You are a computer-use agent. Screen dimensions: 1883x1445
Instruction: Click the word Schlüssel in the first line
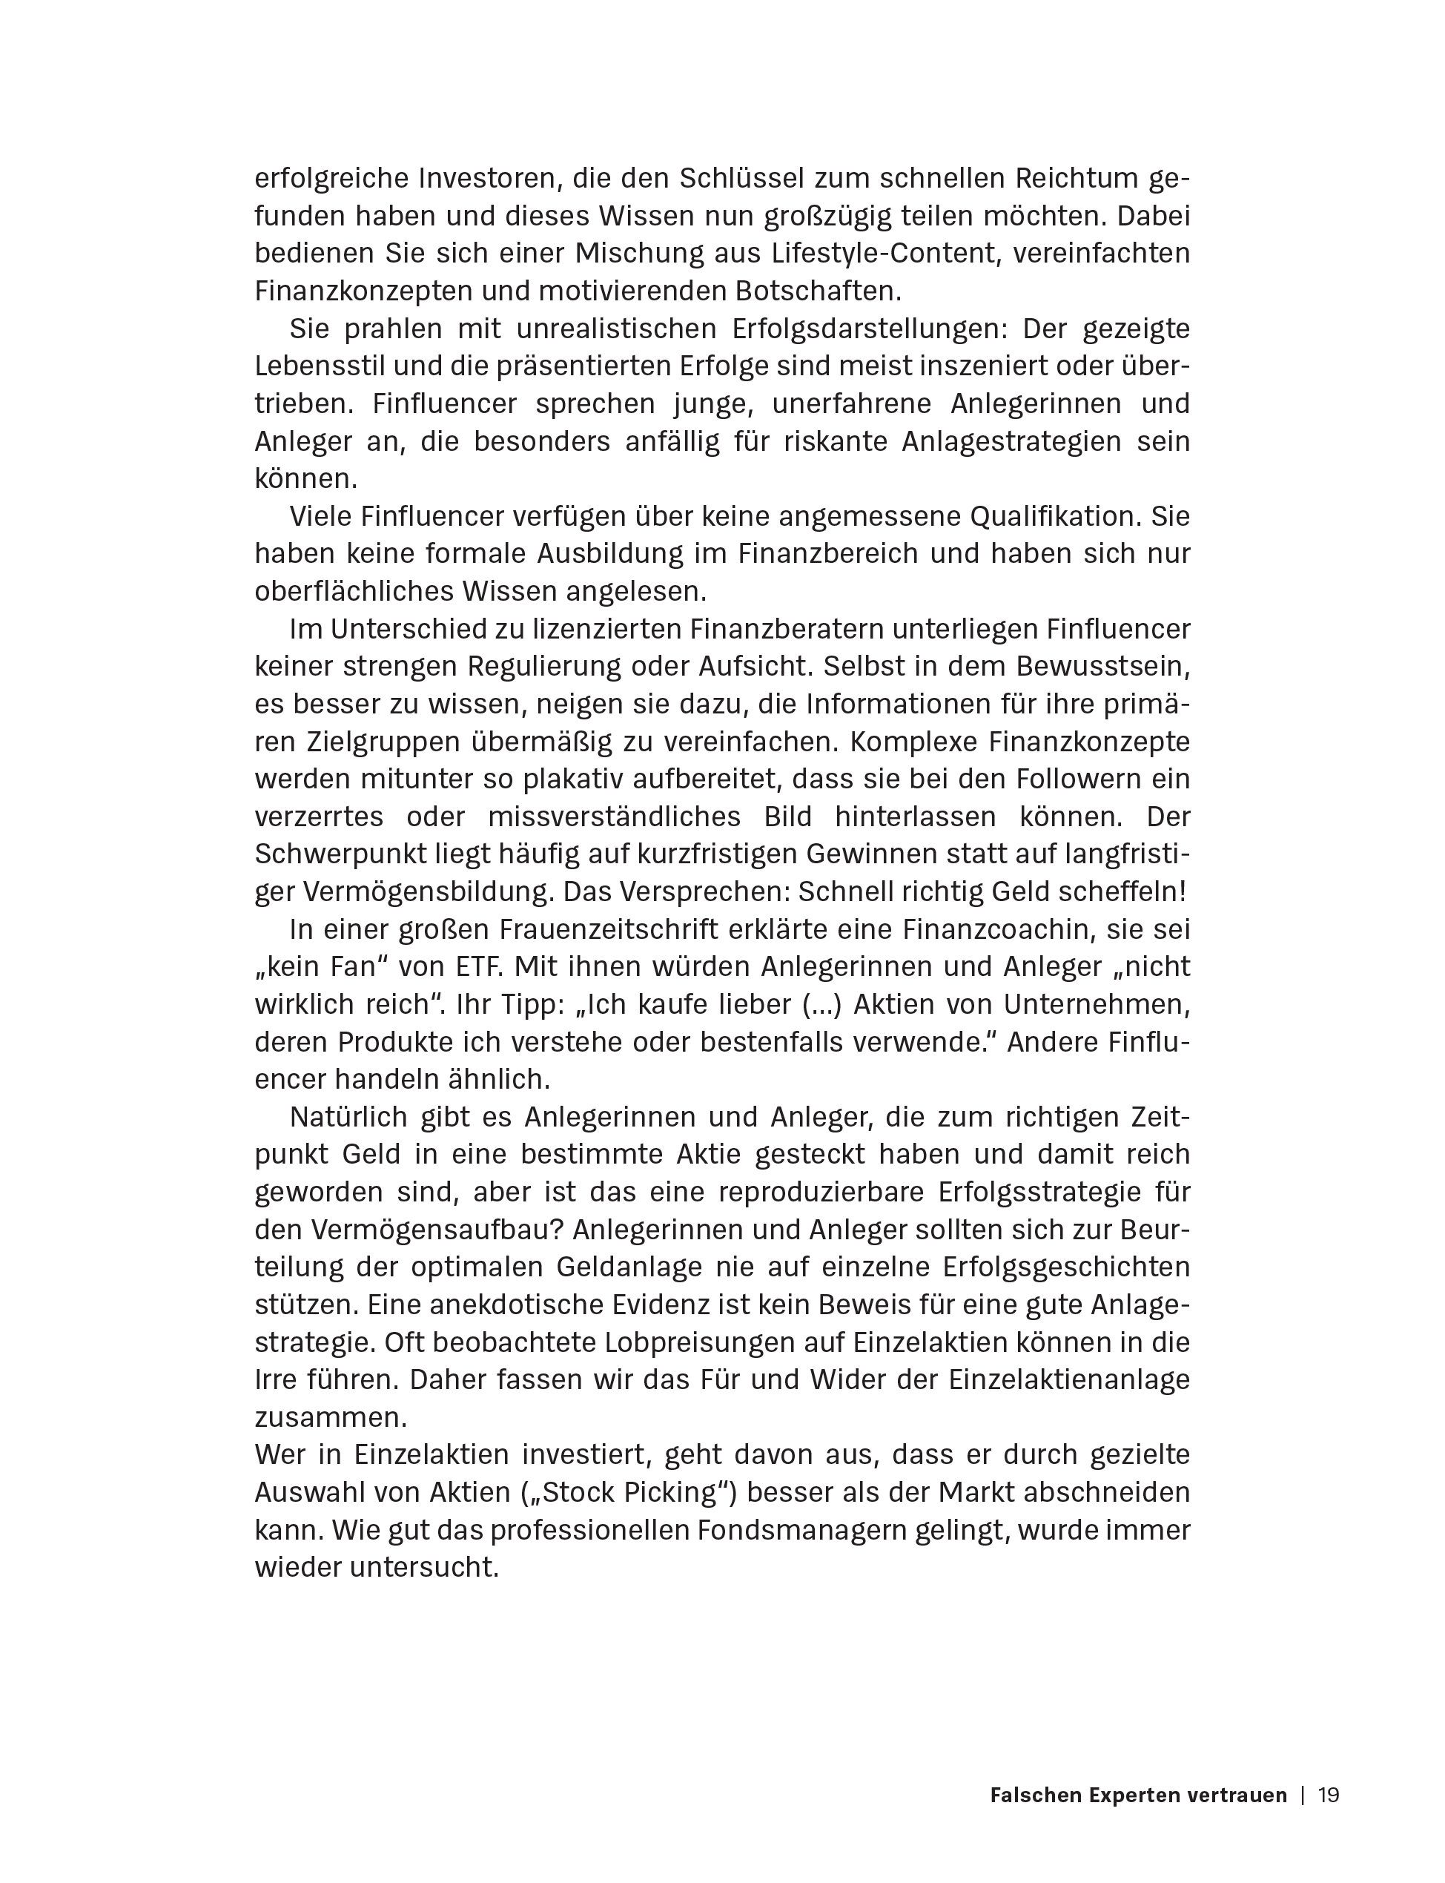741,179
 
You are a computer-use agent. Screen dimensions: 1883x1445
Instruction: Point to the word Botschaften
817,291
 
